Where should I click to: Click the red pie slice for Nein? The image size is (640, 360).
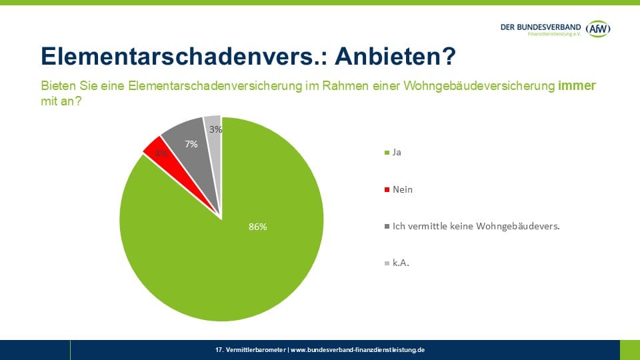tap(155, 151)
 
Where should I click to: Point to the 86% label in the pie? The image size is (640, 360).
tap(257, 227)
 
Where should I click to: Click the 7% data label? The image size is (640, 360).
tap(191, 144)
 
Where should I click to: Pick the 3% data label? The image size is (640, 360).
tap(215, 130)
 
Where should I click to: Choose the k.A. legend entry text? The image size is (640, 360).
tap(401, 263)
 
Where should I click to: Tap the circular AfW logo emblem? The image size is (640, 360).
tap(598, 28)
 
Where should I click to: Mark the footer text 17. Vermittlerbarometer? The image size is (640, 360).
tap(251, 350)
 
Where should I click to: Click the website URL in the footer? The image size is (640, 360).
tap(357, 350)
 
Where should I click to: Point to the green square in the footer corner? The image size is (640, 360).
tap(629, 350)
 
